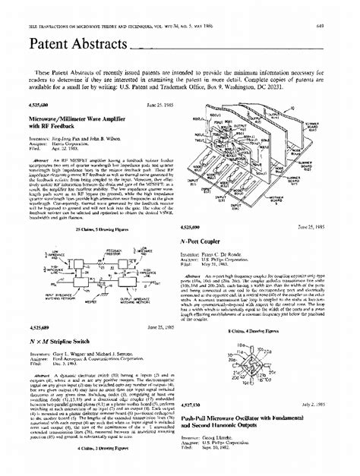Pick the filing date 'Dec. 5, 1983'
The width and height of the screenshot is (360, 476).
(x=73, y=343)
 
